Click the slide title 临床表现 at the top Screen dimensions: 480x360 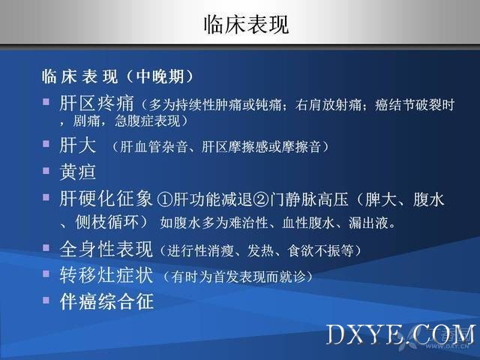pyautogui.click(x=246, y=25)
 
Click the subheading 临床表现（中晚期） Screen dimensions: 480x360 pyautogui.click(x=118, y=76)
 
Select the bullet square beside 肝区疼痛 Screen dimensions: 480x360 pyautogui.click(x=46, y=101)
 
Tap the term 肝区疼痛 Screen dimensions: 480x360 pyautogui.click(x=97, y=103)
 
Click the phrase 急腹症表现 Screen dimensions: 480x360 pyautogui.click(x=148, y=121)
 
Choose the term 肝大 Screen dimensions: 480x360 pyautogui.click(x=78, y=145)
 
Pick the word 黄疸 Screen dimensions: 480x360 pyautogui.click(x=78, y=172)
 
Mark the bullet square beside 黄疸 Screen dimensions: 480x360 pyautogui.click(x=46, y=170)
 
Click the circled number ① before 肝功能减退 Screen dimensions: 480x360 pyautogui.click(x=165, y=199)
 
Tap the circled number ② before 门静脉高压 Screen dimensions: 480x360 pyautogui.click(x=261, y=199)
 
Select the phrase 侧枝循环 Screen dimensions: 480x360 pyautogui.click(x=106, y=222)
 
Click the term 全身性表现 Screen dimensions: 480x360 pyautogui.click(x=106, y=249)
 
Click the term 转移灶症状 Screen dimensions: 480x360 pyautogui.click(x=106, y=274)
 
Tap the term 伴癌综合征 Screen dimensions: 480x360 pyautogui.click(x=106, y=301)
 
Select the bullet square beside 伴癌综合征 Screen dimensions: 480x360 pyautogui.click(x=46, y=300)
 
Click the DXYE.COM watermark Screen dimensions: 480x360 pyautogui.click(x=400, y=335)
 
